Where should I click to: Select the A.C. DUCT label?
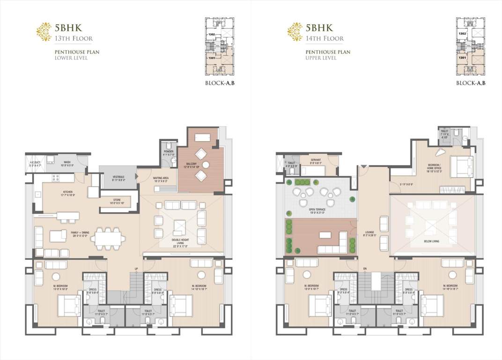pos(36,163)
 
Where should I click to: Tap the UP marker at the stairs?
pos(136,269)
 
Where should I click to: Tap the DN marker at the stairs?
pos(364,269)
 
